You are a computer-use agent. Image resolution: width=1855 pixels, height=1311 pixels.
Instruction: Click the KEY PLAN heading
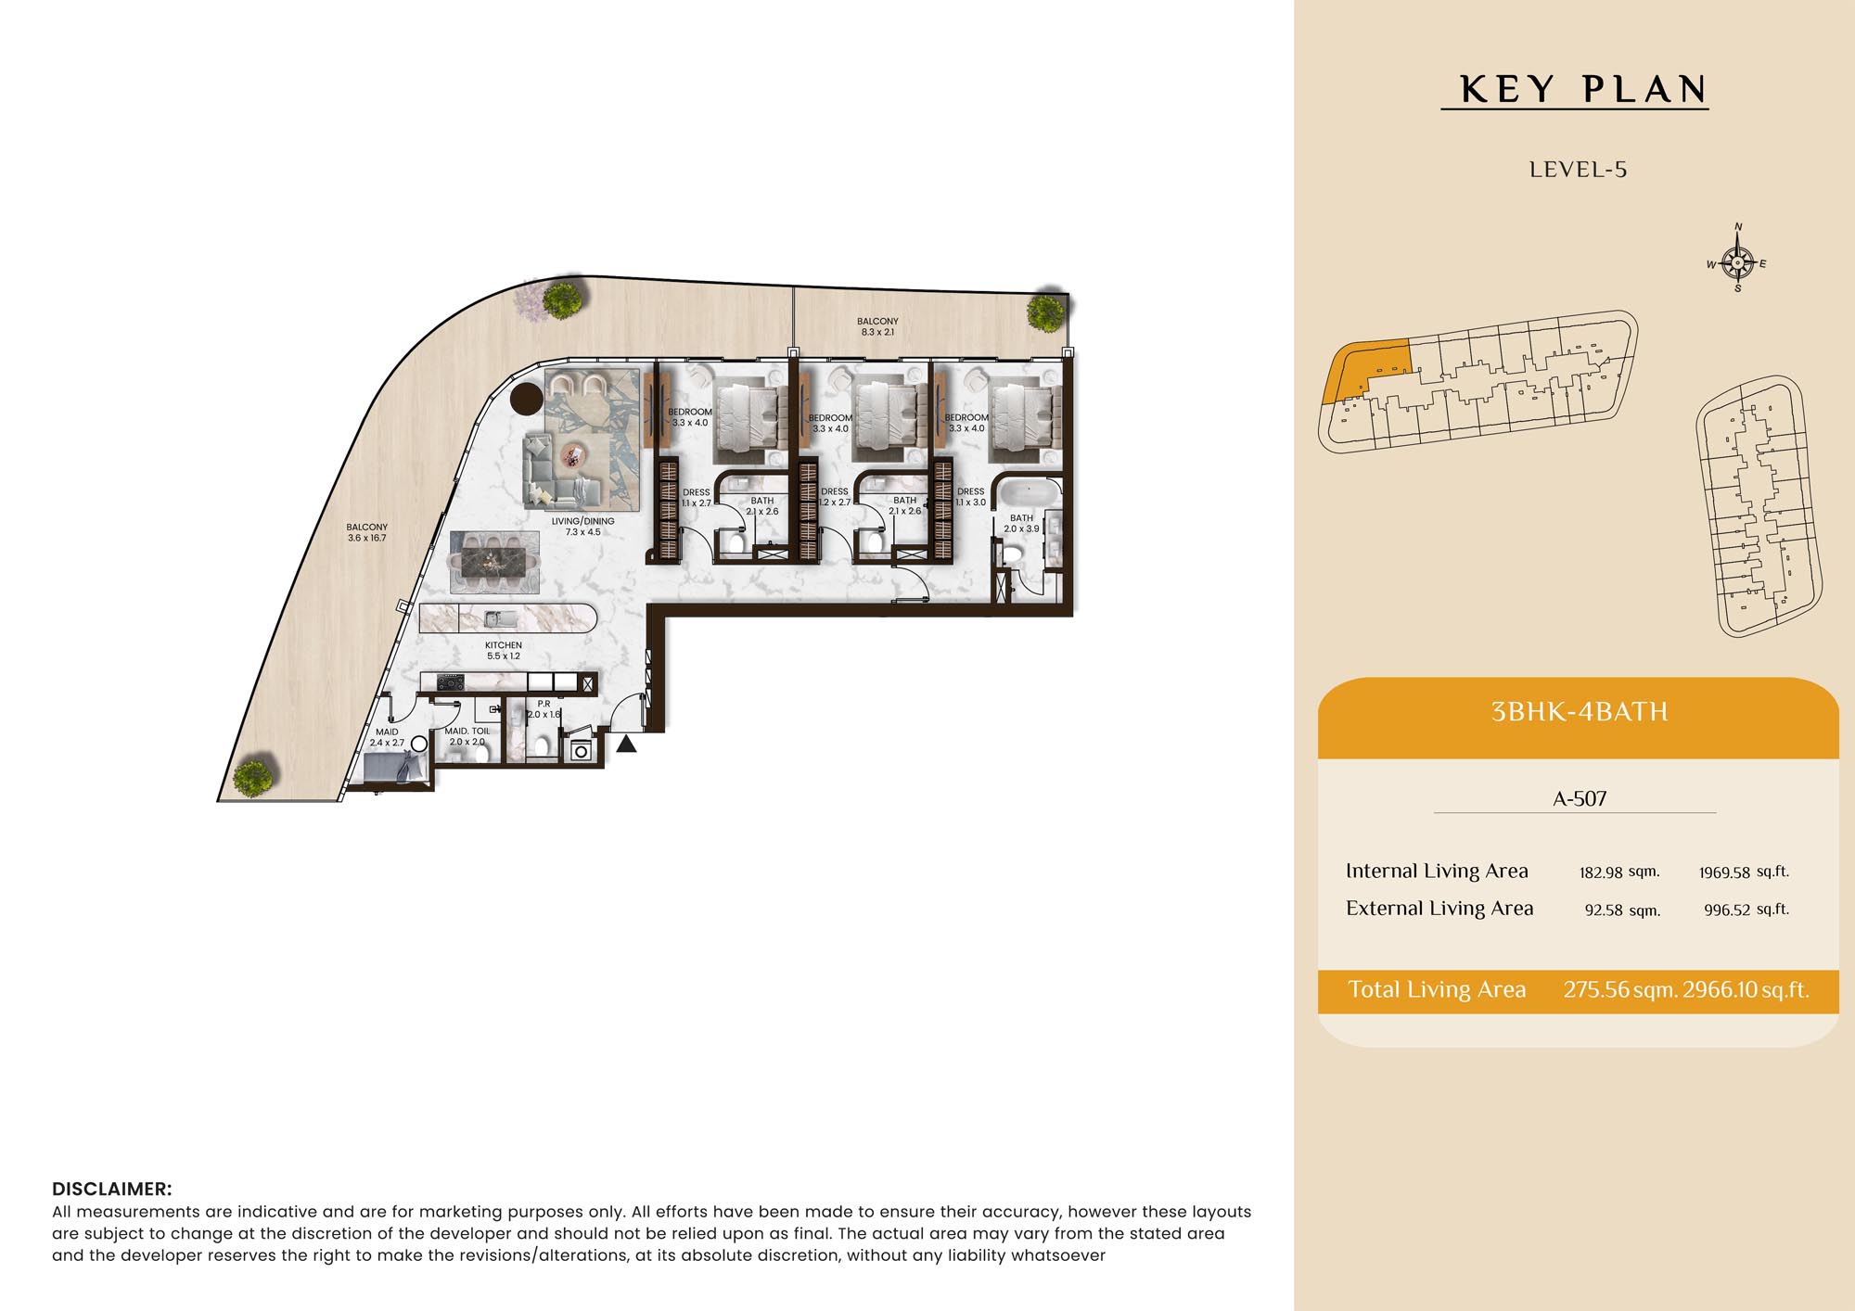[1583, 90]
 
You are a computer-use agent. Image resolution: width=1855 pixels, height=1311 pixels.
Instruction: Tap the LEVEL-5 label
[1578, 170]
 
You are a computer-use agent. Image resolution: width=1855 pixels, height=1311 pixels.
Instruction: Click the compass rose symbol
[1737, 262]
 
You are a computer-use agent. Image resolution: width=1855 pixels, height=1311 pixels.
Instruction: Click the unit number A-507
[1580, 798]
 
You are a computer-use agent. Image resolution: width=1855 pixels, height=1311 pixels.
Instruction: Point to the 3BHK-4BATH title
[1579, 711]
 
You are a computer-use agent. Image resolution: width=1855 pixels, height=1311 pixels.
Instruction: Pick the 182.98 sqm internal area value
[1619, 872]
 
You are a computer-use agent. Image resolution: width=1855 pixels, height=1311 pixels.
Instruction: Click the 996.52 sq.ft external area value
[1746, 910]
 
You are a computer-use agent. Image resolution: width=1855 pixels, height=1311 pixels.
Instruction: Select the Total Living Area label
[1437, 989]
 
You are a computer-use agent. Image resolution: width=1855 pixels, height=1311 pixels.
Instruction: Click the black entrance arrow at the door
[627, 744]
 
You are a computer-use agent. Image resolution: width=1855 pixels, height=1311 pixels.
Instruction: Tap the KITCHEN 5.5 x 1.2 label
[504, 650]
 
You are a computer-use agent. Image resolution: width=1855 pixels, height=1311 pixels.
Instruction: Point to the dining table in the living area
[493, 562]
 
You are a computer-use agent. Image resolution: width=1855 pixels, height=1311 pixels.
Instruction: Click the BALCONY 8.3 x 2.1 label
[877, 326]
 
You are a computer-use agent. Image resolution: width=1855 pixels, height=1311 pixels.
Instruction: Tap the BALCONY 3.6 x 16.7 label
[367, 532]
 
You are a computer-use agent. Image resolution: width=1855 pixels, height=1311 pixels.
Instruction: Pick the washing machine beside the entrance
[581, 749]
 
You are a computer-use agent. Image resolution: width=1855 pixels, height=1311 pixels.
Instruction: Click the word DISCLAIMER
[112, 1189]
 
